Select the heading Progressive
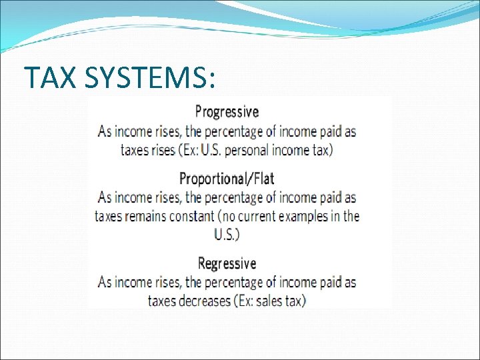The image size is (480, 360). [227, 111]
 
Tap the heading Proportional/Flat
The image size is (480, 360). [227, 179]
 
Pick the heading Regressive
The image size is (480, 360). [227, 264]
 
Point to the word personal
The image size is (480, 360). [247, 149]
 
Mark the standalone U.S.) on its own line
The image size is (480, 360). [227, 235]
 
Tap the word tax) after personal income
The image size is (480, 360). [321, 149]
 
